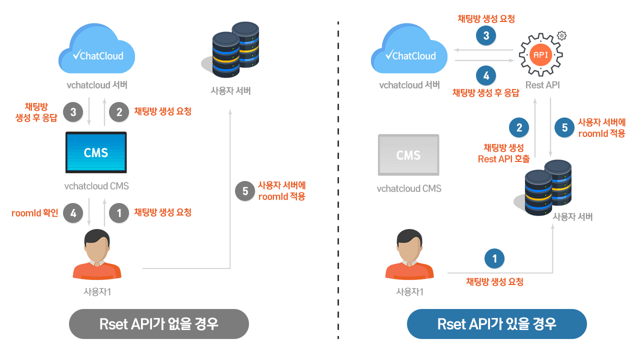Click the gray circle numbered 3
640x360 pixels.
73,112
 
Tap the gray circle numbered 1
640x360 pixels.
119,213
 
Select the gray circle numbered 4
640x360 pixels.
73,213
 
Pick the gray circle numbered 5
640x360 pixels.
245,191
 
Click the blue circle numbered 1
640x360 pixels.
495,258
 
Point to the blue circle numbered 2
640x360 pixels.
519,128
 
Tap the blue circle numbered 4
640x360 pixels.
486,76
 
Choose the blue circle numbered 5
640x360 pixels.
564,128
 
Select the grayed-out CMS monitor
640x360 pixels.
408,155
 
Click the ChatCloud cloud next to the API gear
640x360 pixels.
409,50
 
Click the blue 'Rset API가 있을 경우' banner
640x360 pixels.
496,323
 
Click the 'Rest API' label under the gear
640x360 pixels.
542,85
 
